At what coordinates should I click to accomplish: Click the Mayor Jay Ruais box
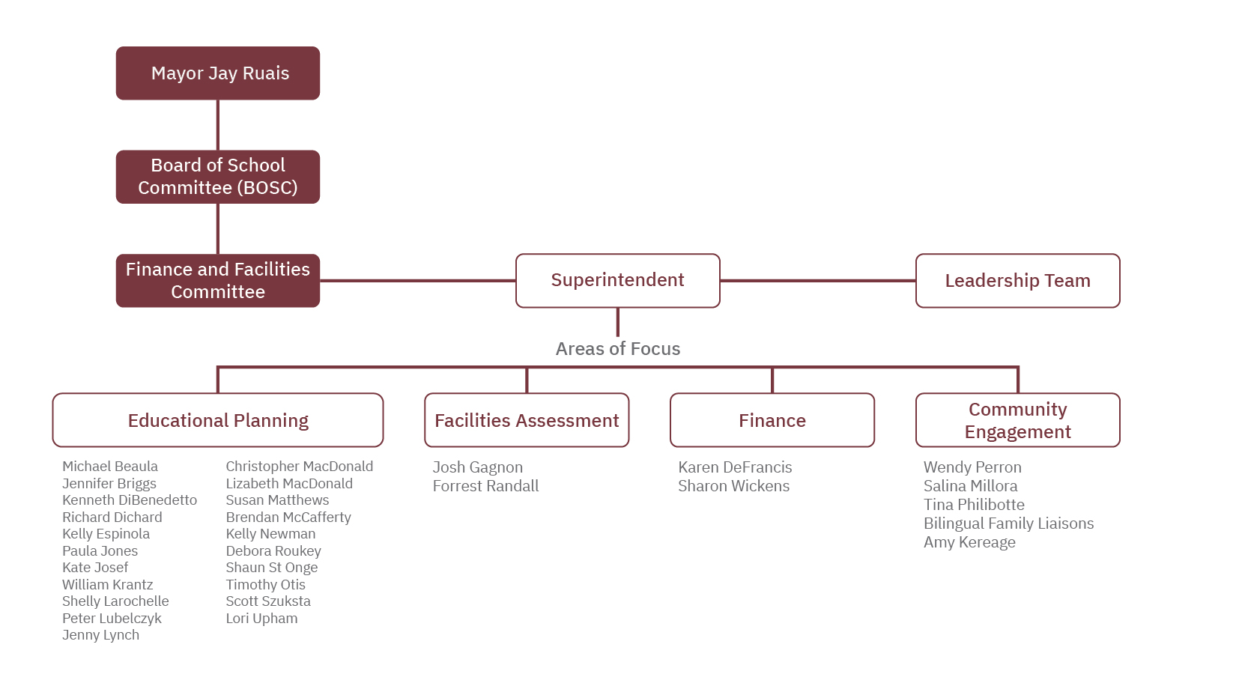click(218, 73)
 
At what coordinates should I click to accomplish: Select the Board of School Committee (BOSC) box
click(218, 177)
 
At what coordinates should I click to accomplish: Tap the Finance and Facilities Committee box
click(218, 281)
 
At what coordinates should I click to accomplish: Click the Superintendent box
click(617, 281)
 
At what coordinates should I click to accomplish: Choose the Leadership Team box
click(1017, 281)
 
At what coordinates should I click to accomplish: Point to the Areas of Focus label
click(617, 349)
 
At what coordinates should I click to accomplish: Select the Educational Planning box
click(218, 420)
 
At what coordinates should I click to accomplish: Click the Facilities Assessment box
click(527, 420)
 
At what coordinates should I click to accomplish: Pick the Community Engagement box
click(1017, 420)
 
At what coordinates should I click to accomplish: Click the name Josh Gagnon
click(478, 467)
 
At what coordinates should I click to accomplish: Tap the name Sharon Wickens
click(733, 486)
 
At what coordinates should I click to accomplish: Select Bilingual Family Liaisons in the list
click(1008, 523)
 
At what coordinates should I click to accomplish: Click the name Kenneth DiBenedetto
click(130, 500)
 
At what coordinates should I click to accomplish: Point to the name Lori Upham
click(261, 619)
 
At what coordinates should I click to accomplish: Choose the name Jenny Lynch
click(100, 635)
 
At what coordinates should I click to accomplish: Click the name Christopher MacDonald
click(299, 467)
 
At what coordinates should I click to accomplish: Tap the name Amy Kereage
click(969, 542)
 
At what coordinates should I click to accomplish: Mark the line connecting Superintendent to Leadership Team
click(817, 281)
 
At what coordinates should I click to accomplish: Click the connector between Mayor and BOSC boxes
click(218, 125)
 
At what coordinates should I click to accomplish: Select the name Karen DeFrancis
click(735, 467)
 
